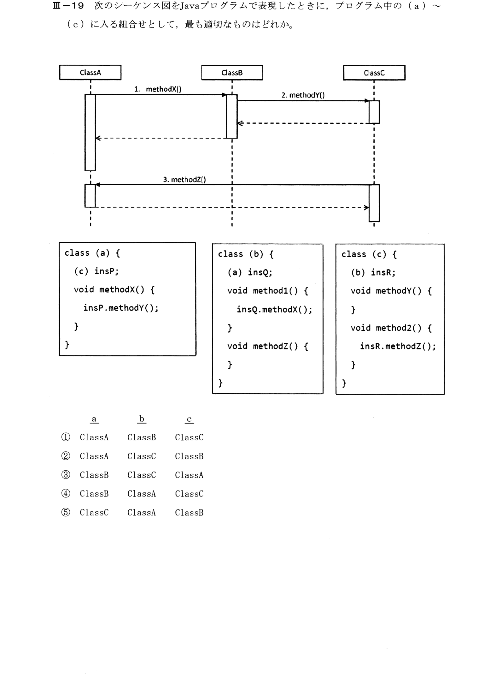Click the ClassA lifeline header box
coord(90,73)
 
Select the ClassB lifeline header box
coord(232,73)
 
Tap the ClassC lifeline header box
coord(374,73)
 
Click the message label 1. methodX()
coord(158,89)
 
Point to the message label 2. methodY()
coord(303,95)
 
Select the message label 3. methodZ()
coord(184,180)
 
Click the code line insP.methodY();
coord(121,308)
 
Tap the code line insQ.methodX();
coord(274,309)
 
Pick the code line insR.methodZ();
coord(398,346)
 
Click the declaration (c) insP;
coord(96,271)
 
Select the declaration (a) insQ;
coord(250,272)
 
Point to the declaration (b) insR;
coord(373,272)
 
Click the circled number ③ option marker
coord(66,475)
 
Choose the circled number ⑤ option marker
coord(66,512)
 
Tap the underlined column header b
coord(142,419)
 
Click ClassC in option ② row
coord(142,456)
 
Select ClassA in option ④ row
coord(142,494)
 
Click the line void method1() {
coord(268,291)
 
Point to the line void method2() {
coord(391,328)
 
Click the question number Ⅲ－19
coord(68,6)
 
